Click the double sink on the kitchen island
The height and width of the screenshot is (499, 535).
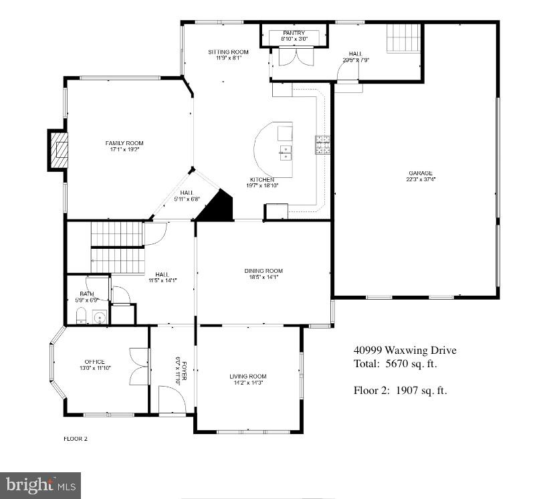[x=286, y=154]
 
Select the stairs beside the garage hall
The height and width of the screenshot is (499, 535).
[x=405, y=37]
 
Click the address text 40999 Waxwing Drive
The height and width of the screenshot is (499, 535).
[x=405, y=351]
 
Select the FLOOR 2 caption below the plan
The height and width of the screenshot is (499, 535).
[x=76, y=439]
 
